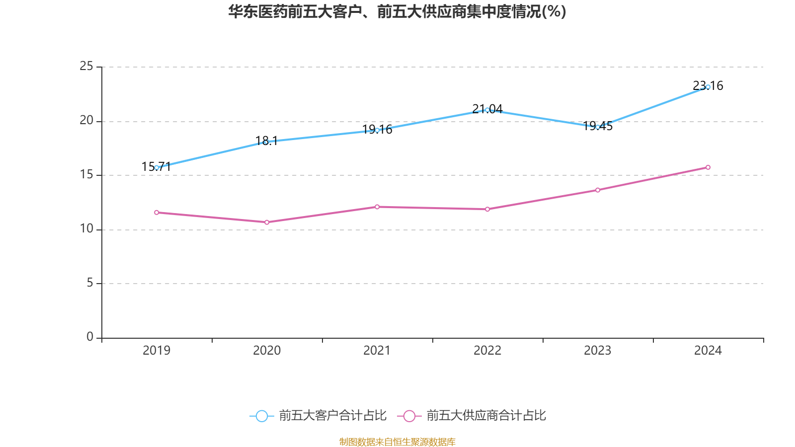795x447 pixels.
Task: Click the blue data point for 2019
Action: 157,167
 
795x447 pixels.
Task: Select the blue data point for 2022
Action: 487,110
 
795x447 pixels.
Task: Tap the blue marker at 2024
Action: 708,87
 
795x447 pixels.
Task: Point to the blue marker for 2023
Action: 598,127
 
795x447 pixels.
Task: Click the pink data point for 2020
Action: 267,222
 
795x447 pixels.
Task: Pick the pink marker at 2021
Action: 377,207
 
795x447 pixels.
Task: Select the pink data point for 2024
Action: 708,167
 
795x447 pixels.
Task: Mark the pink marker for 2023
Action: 598,190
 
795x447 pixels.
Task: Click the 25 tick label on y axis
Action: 86,66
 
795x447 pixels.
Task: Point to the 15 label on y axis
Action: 86,175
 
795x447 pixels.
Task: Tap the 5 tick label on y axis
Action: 90,283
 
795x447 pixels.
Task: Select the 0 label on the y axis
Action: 90,337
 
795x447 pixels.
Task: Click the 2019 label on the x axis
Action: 157,351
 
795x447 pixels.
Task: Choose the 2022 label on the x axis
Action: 487,351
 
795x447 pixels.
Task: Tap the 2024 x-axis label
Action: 708,351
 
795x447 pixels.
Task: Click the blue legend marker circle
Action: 262,416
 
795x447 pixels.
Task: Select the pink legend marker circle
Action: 409,416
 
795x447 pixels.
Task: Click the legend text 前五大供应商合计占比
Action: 486,416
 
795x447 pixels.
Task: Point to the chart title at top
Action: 397,11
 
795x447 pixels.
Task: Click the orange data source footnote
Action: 397,442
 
